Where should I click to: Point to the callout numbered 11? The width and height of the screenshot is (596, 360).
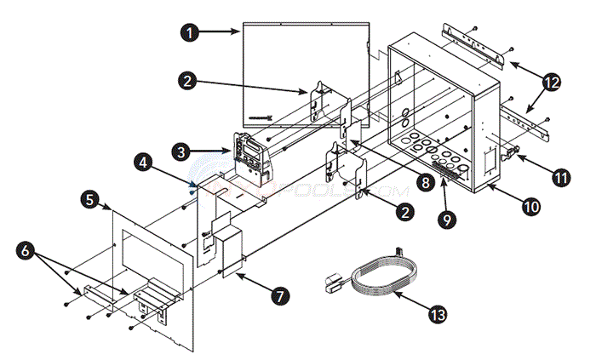(x=559, y=178)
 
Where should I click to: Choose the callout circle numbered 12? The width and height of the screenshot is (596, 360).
(x=553, y=83)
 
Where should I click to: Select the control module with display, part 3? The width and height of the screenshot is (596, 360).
(x=248, y=154)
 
